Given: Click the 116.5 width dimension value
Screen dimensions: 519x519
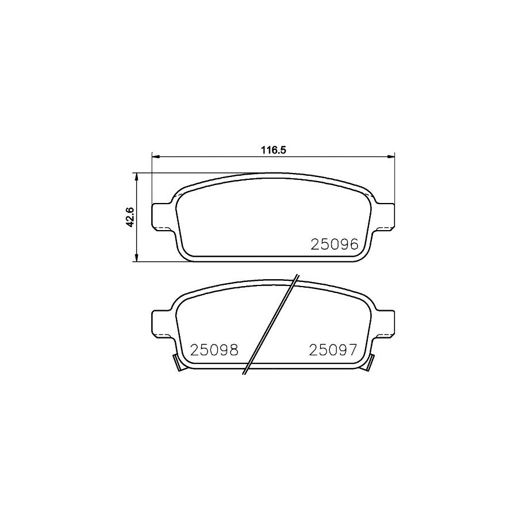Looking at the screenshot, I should pyautogui.click(x=273, y=149).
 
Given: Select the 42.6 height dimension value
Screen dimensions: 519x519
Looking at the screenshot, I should pyautogui.click(x=131, y=218).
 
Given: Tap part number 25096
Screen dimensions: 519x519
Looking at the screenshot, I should pyautogui.click(x=335, y=244).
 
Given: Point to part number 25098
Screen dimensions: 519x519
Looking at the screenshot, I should pyautogui.click(x=214, y=350).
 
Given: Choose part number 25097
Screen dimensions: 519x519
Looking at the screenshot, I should pyautogui.click(x=334, y=350).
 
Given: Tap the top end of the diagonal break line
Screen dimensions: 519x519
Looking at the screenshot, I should pyautogui.click(x=296, y=276).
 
